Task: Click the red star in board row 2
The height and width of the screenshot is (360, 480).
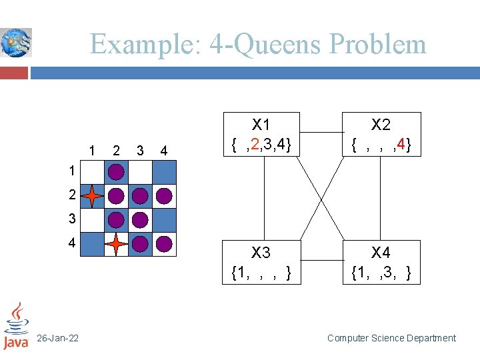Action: (x=93, y=196)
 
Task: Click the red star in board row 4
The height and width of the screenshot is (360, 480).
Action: (x=117, y=244)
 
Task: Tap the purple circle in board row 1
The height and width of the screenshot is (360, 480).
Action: (x=117, y=172)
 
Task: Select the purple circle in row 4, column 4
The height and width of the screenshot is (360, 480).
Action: (x=164, y=244)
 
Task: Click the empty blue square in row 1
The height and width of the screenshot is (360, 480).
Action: (x=164, y=172)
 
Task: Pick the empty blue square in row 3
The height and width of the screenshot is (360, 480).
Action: (x=164, y=220)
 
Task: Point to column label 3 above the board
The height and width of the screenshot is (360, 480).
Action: (x=139, y=150)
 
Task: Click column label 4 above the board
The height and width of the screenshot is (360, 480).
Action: (x=163, y=150)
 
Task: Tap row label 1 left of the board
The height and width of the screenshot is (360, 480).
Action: (x=71, y=171)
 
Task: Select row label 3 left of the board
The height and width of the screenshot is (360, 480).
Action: (x=71, y=219)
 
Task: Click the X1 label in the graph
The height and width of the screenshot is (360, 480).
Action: (x=261, y=125)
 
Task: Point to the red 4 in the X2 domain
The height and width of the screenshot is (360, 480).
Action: (x=400, y=143)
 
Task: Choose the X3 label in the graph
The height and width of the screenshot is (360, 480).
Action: (x=261, y=253)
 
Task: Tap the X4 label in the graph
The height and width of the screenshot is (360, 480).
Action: (x=381, y=253)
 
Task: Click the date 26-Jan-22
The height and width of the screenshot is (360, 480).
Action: (x=57, y=339)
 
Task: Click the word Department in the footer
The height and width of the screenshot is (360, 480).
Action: (x=427, y=339)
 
